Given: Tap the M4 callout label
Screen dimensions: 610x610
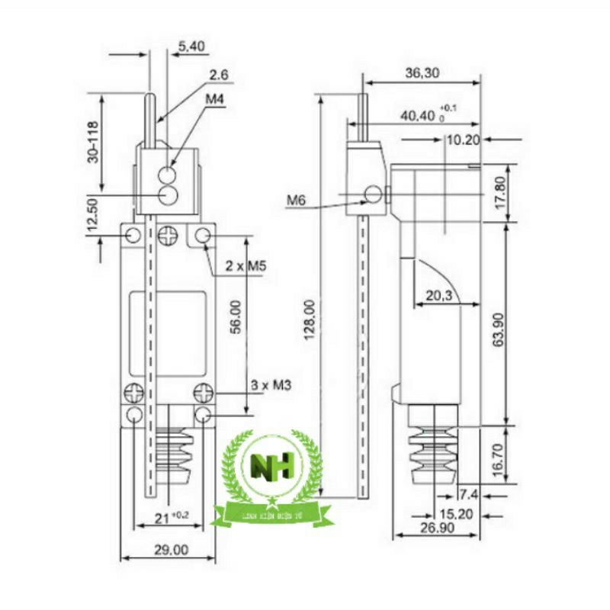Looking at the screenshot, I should (214, 99).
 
